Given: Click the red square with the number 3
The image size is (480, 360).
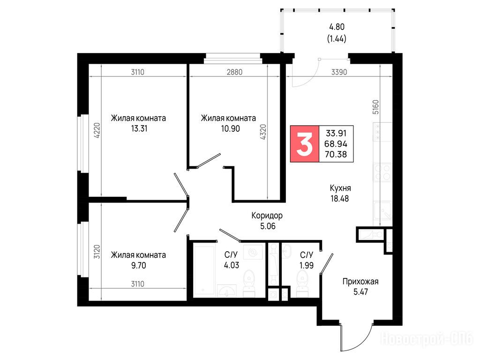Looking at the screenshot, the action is click(x=305, y=143).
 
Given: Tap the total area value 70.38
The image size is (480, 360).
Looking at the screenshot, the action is click(x=336, y=154).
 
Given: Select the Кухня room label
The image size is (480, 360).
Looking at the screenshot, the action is click(x=340, y=188).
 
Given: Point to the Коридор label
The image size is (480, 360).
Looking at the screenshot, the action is click(x=267, y=216).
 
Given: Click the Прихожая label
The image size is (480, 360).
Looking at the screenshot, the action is click(x=360, y=281).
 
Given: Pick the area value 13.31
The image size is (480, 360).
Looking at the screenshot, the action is click(x=139, y=128).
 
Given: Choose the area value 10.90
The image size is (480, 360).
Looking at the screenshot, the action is click(x=230, y=128).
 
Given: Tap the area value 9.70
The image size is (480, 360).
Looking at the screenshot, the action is click(x=139, y=265).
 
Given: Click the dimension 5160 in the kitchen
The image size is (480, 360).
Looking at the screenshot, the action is click(x=375, y=107).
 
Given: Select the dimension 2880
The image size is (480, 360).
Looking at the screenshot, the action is click(x=234, y=72).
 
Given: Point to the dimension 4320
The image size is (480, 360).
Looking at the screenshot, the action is click(x=263, y=132).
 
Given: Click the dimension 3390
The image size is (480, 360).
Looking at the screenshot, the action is click(x=339, y=72).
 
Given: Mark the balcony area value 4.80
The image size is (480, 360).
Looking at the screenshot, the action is click(x=337, y=27).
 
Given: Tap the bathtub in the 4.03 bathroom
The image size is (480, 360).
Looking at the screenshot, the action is click(x=204, y=270).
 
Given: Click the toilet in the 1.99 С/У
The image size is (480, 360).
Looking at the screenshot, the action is click(x=302, y=285).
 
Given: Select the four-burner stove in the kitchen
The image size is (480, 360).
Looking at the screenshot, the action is click(x=382, y=172).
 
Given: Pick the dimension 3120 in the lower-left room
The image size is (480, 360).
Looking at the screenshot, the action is click(x=97, y=252).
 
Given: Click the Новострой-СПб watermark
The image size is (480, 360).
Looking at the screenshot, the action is click(x=427, y=339).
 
